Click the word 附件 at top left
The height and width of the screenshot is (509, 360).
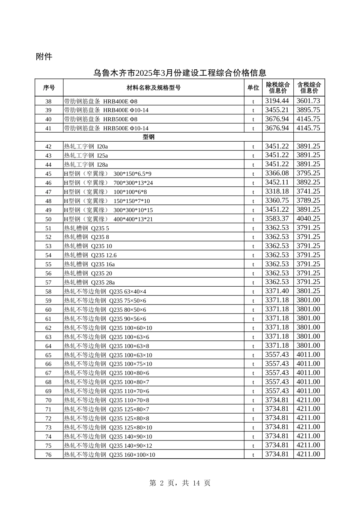[x=44, y=57]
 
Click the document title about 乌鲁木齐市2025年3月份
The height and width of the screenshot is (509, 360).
[x=180, y=73]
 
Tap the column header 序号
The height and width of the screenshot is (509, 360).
[x=49, y=88]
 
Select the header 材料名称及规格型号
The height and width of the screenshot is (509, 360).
[x=153, y=88]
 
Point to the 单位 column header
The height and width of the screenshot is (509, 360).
[x=253, y=88]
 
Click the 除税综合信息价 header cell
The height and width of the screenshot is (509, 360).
[x=278, y=88]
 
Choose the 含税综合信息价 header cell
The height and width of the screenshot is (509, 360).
[x=309, y=88]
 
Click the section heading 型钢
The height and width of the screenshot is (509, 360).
[x=149, y=137]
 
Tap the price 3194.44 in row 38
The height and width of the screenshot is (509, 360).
[x=277, y=101]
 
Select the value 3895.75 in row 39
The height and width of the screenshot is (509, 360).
[x=308, y=110]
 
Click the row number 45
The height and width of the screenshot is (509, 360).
[x=49, y=174]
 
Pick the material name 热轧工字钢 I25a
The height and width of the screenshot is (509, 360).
[x=86, y=156]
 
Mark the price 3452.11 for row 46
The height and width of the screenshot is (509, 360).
[x=277, y=183]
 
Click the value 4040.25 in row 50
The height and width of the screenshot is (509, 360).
[x=308, y=219]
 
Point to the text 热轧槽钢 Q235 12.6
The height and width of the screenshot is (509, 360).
[x=90, y=255]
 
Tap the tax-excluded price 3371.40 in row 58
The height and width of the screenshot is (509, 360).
[x=277, y=291]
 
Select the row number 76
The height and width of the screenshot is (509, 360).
[x=49, y=455]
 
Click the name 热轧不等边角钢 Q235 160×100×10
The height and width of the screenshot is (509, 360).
[x=110, y=455]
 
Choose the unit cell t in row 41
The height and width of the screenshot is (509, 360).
[x=253, y=128]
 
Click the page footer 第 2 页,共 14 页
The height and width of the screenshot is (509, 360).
[x=180, y=483]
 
